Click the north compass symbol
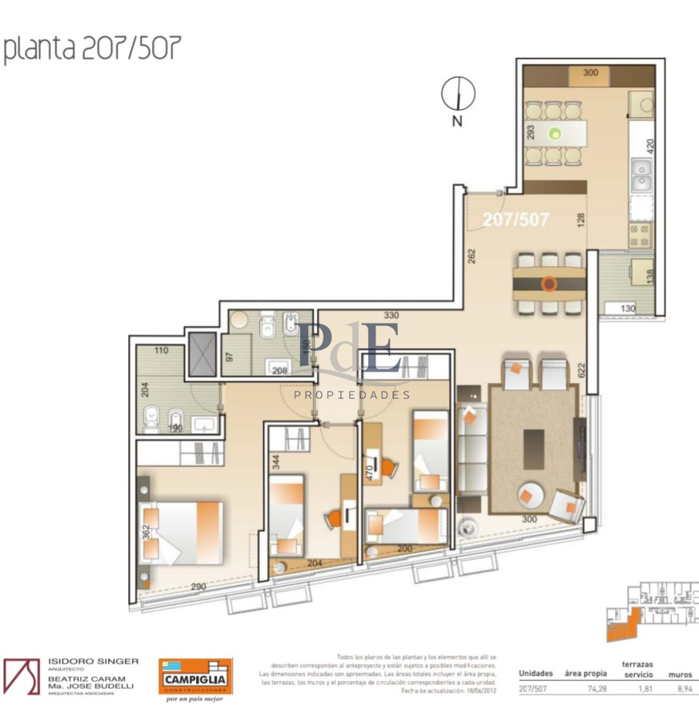coord(457,95)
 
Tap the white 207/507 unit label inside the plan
coord(516,218)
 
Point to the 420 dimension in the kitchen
coord(651,147)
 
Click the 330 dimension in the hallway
coord(391,316)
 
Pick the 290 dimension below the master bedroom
coord(199,587)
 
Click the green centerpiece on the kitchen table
coord(554,133)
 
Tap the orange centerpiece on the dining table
coord(548,283)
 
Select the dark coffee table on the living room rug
coord(533,449)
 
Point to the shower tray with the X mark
coord(202,356)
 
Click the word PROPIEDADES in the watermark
coord(352,395)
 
